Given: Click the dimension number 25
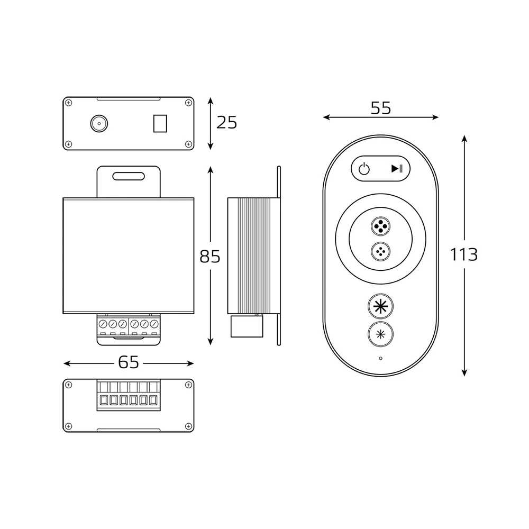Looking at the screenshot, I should point(227,123).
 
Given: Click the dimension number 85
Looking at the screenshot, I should point(210,257).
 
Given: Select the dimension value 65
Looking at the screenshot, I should point(129,362).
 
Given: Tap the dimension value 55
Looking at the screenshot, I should point(380,108).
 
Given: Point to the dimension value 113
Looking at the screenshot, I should point(464,254).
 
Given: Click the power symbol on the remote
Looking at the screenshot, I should point(363,169).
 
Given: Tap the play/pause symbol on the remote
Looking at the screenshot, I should point(397,169).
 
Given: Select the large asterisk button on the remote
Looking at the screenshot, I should point(380,306).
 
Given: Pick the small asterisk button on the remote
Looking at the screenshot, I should point(380,334).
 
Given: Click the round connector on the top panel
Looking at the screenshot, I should point(98,124).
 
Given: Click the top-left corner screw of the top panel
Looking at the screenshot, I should point(68,102).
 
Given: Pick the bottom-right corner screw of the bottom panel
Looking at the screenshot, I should point(188,426).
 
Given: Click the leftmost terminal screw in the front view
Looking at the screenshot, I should point(103,323).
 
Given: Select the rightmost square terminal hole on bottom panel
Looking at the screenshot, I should point(153,400).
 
